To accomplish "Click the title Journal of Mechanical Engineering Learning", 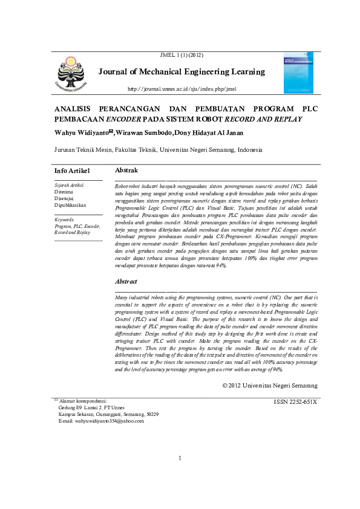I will [x=182, y=72].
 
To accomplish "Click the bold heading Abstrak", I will [x=126, y=171].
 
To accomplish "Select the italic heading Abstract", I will [x=126, y=282].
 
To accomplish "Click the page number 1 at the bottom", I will [x=180, y=475].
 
